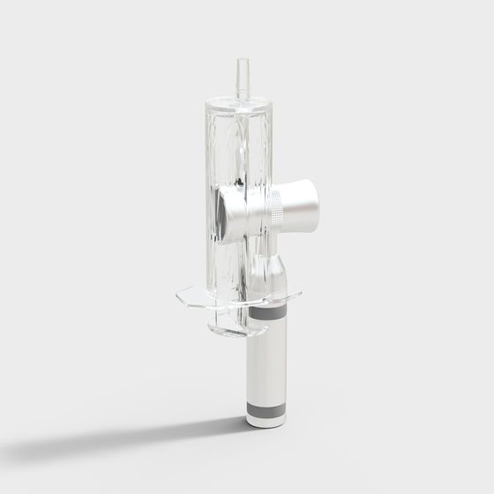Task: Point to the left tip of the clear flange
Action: pos(180,294)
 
